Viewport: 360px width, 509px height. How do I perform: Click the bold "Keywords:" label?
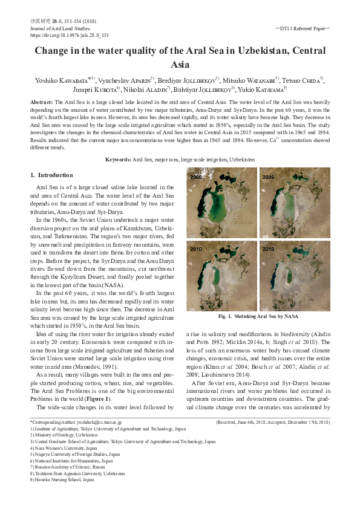pyautogui.click(x=118, y=159)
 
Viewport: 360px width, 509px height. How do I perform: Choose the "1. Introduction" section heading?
pyautogui.click(x=51, y=175)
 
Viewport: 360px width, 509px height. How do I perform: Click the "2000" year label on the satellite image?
pyautogui.click(x=196, y=177)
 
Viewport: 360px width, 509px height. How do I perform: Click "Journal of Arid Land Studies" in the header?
pyautogui.click(x=59, y=28)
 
